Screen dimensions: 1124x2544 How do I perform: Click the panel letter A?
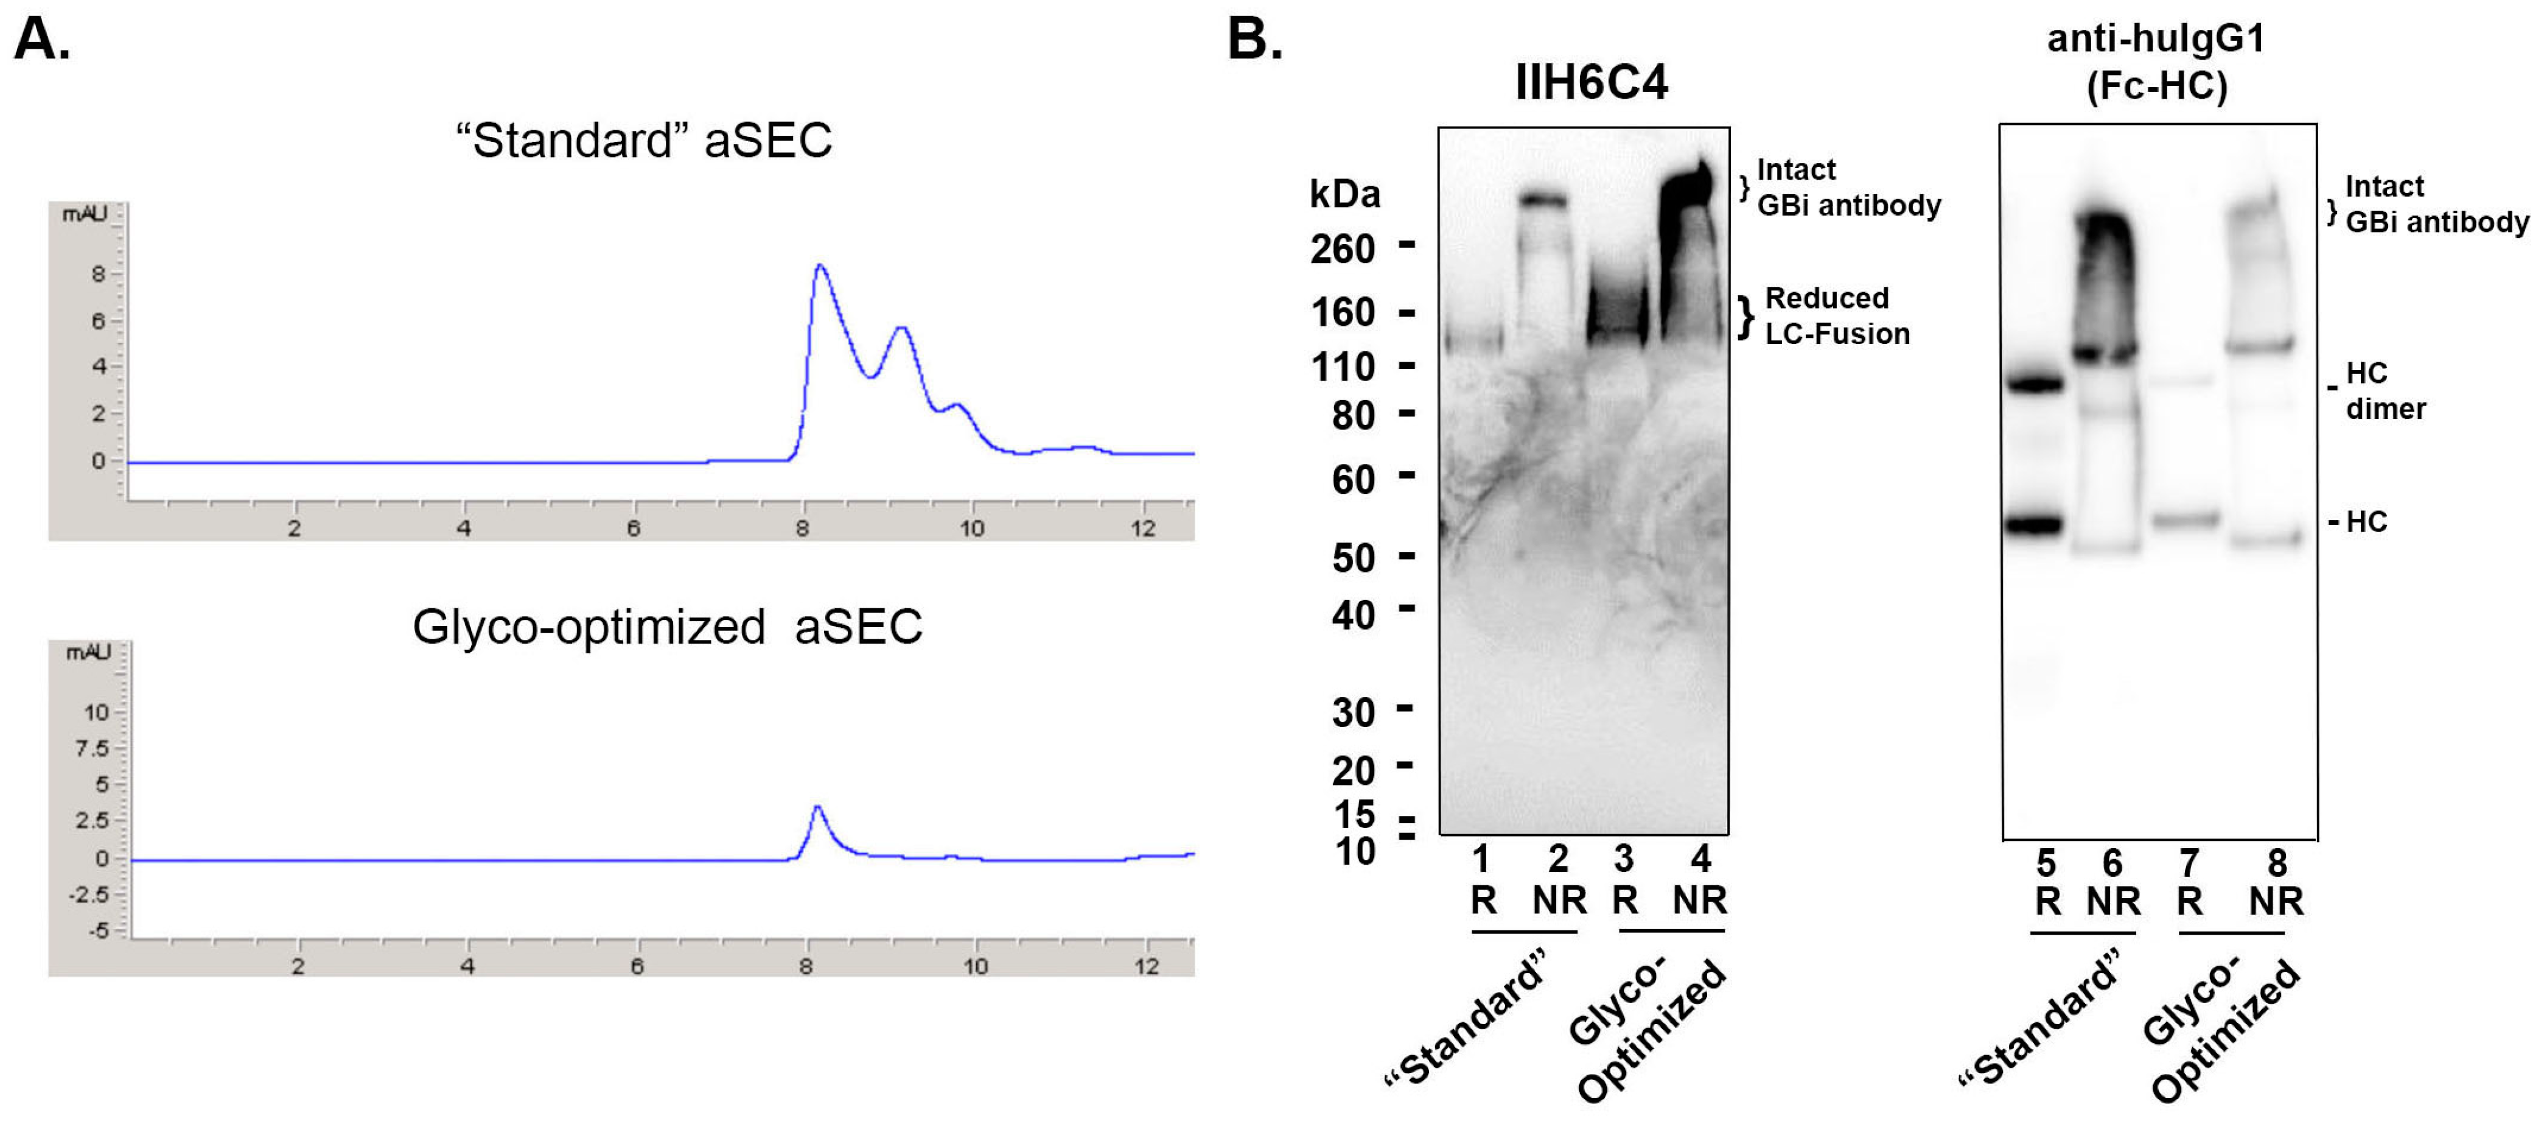(x=41, y=41)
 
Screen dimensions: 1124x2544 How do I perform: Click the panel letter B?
(x=1254, y=41)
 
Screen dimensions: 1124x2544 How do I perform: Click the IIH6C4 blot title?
(x=1591, y=82)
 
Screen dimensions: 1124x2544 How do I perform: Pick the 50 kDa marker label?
(x=1353, y=559)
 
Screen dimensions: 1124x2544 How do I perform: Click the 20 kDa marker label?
(x=1353, y=770)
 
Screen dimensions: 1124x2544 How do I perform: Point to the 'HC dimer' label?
(x=2385, y=391)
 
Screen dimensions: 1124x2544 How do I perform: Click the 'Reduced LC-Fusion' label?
(x=1837, y=316)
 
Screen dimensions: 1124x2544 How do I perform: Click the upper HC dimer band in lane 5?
(x=2036, y=384)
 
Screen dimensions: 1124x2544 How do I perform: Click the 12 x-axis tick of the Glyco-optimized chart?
(x=1145, y=966)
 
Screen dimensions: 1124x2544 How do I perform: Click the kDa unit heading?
(x=1344, y=195)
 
